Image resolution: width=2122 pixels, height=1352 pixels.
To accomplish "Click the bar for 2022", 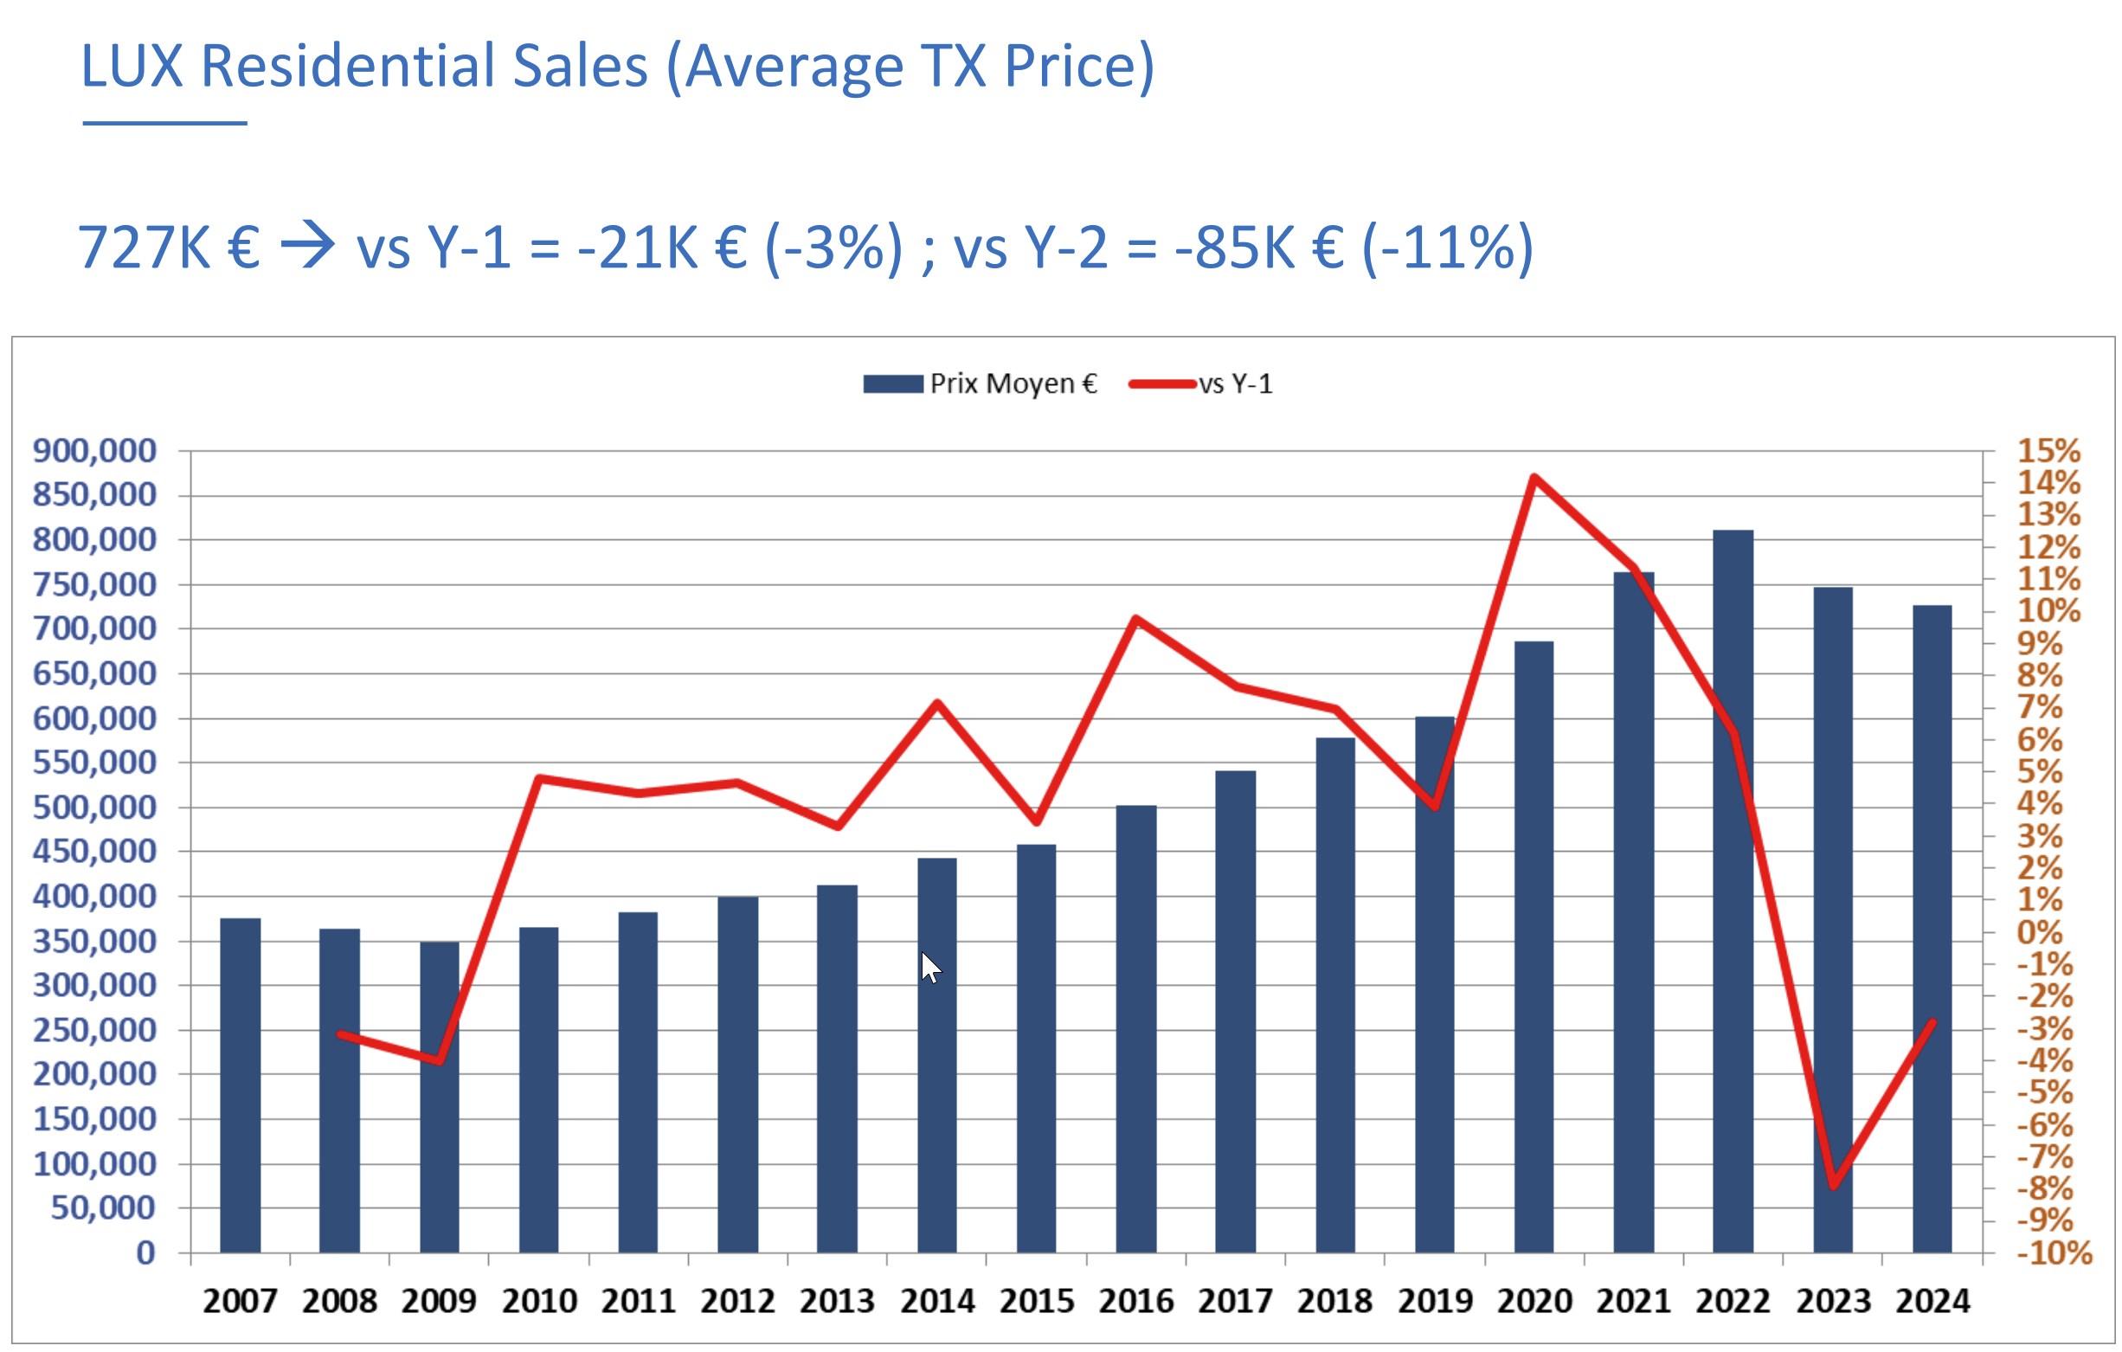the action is (1733, 891).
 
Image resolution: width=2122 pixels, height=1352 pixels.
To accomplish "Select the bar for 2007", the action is (240, 1085).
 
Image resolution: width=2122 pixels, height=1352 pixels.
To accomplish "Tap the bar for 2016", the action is (1136, 1028).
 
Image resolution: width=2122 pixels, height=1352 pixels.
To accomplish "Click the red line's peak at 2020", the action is (1534, 477).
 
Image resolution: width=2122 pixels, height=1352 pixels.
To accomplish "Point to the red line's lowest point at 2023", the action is (1833, 1187).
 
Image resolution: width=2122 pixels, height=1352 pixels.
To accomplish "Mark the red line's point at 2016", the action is (1136, 619).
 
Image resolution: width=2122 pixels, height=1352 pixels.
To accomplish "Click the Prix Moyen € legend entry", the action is (980, 383).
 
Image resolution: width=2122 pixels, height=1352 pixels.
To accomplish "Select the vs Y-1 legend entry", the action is (1200, 383).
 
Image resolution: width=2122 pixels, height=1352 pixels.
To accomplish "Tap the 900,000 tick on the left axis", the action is (94, 450).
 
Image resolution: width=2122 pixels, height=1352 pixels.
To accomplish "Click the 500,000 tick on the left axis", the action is (94, 807).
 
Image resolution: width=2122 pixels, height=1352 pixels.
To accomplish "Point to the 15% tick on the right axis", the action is (2048, 450).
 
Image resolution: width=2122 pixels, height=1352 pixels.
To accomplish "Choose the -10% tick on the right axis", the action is (2054, 1252).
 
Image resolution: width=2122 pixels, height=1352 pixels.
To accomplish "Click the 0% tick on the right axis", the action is (2039, 931).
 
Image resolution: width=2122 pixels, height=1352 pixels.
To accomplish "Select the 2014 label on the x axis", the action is (936, 1301).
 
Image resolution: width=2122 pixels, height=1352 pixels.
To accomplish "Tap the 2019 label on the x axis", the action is (1435, 1301).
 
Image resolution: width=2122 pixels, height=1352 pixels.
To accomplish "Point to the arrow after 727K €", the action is (307, 245).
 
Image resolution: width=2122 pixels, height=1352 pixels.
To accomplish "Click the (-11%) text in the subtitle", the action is (1448, 247).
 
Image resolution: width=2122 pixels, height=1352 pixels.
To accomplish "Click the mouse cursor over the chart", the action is (930, 968).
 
